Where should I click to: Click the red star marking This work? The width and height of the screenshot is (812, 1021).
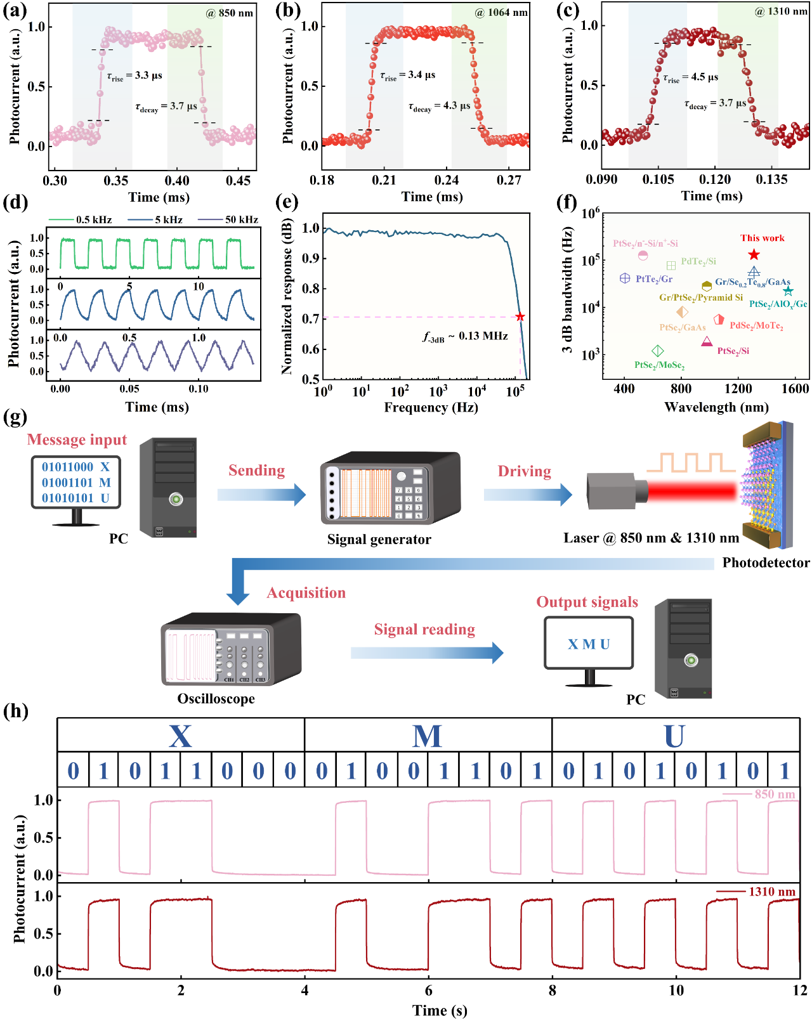[x=754, y=254]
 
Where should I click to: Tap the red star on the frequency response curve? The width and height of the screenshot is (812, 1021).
[x=520, y=316]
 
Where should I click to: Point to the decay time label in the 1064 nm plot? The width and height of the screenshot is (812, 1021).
[x=439, y=107]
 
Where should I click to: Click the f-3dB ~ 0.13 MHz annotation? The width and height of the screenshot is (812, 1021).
[x=465, y=337]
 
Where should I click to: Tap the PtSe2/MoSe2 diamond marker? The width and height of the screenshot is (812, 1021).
[x=658, y=351]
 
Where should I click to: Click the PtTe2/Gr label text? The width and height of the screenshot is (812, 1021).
[x=654, y=279]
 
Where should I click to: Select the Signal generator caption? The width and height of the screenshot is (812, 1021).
[x=379, y=539]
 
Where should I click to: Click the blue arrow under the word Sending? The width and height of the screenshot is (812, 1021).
[x=261, y=494]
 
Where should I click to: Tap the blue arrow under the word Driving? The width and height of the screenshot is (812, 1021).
[x=528, y=494]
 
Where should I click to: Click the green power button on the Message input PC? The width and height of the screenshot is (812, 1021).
[x=176, y=499]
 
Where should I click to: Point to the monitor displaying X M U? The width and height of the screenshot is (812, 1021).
[x=589, y=644]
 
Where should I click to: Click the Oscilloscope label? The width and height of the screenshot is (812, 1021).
[x=216, y=699]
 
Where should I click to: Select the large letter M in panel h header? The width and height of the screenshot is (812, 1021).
[x=427, y=736]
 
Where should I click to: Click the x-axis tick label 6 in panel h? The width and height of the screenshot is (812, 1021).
[x=429, y=991]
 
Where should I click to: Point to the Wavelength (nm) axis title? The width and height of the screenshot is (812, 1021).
[x=716, y=407]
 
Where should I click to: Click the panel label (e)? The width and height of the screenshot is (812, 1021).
[x=287, y=202]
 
